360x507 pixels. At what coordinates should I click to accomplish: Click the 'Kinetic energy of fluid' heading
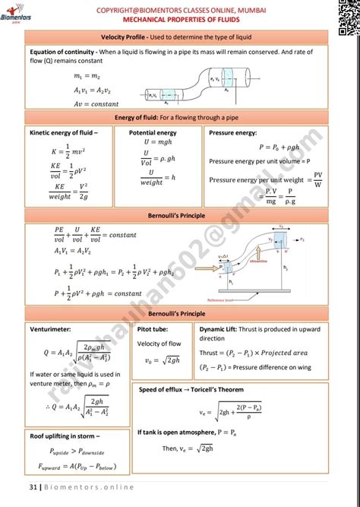point(68,132)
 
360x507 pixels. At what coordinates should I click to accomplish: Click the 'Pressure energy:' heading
point(235,132)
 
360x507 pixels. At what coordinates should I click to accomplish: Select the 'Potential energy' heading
point(153,132)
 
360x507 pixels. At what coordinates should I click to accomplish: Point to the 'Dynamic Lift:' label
point(220,330)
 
